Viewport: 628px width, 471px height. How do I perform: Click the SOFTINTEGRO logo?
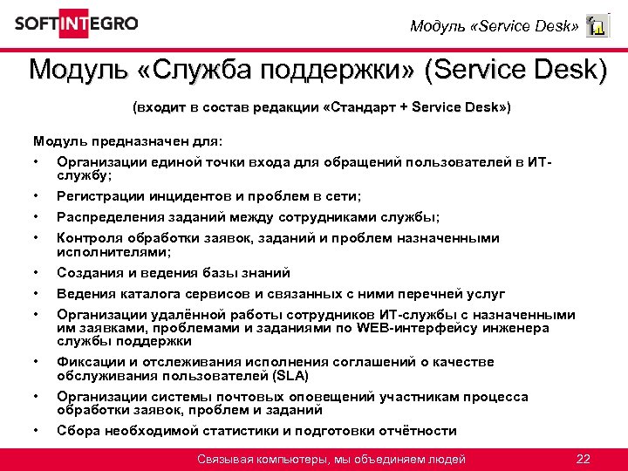(76, 24)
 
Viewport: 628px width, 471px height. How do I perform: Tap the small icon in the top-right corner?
(597, 26)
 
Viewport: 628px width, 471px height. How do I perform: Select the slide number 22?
(584, 459)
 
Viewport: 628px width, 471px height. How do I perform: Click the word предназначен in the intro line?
(133, 140)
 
